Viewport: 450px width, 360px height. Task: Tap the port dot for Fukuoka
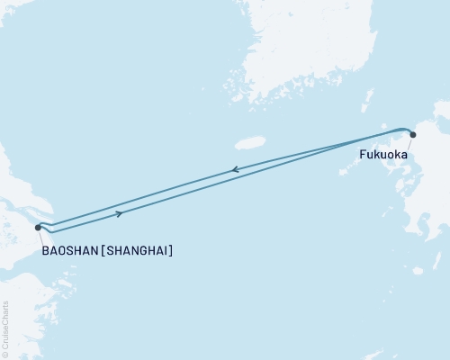413,135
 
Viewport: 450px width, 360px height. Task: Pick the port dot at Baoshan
38,228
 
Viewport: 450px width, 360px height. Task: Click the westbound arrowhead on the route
235,169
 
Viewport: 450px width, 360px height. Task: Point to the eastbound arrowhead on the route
121,214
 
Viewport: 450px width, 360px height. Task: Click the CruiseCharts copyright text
5,328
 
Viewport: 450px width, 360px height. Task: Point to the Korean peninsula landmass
297,54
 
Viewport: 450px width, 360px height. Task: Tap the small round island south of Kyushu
417,270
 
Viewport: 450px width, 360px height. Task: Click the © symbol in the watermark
5,354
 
